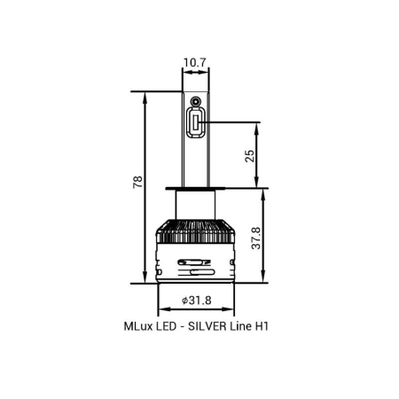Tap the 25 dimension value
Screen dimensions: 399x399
tap(250, 155)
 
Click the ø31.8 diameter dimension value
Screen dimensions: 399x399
tap(195, 301)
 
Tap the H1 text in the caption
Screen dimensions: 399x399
tap(261, 326)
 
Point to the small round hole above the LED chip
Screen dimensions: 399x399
tap(195, 104)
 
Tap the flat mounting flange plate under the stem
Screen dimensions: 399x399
tap(195, 189)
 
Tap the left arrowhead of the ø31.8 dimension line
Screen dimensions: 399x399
tap(162, 312)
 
